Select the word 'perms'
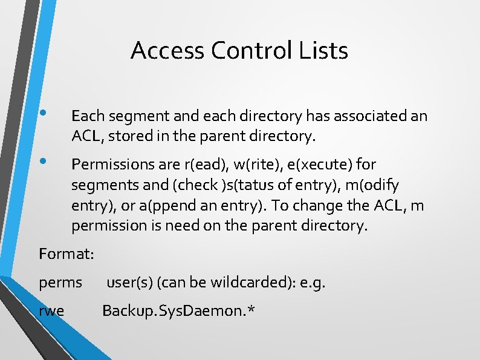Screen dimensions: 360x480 60,282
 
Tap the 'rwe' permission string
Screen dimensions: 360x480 52,311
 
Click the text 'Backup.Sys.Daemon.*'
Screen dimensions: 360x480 178,311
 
